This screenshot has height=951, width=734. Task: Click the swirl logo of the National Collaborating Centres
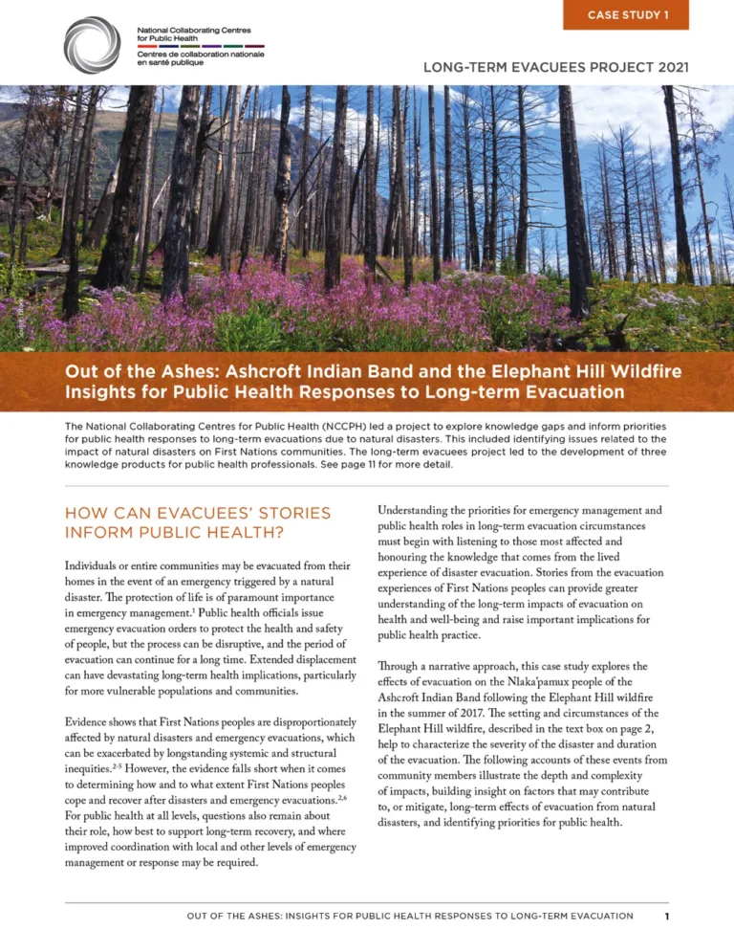[93, 43]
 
